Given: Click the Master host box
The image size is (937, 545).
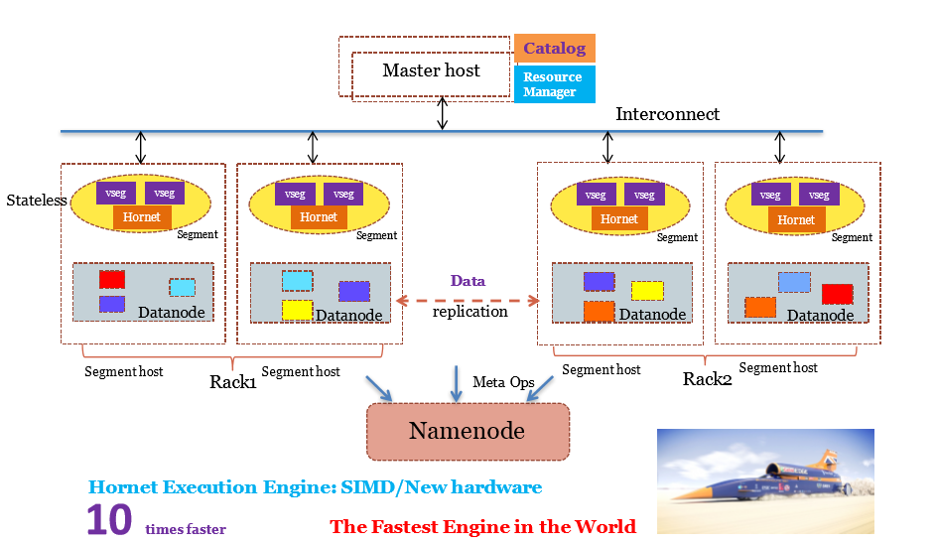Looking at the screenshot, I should [431, 70].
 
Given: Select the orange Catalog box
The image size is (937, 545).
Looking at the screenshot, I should [554, 48].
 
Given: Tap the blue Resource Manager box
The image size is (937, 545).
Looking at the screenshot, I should [554, 84].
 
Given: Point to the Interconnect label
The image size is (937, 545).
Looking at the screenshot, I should [667, 114].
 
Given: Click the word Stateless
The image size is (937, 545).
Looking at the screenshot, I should [37, 201].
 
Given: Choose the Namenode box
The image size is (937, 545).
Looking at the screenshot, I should [468, 431].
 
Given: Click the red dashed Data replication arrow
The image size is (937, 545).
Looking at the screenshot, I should [468, 298].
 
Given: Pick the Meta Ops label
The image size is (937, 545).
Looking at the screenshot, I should [502, 382].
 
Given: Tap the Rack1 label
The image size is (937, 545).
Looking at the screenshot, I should [233, 381].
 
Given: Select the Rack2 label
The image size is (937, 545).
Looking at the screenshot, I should [708, 379].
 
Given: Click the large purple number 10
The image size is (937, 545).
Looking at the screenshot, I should [108, 520].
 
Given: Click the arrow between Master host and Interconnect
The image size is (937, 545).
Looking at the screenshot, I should [443, 114].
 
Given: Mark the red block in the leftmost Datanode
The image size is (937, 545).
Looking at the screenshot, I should [111, 279].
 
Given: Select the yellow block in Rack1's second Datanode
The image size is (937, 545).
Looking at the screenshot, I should [297, 309].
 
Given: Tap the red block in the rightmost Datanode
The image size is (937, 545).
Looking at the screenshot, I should [837, 294].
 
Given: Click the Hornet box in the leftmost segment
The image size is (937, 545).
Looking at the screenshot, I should [141, 217].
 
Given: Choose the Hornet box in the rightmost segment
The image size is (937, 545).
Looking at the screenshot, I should [796, 219].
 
